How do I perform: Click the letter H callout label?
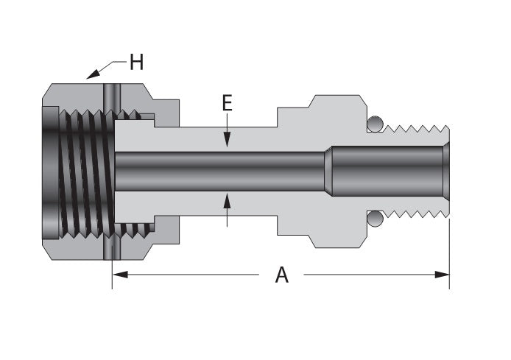135,63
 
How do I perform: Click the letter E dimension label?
228,103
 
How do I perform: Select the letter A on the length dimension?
281,275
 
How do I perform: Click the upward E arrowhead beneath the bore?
228,199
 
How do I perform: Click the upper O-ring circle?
375,124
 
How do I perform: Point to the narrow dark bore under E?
221,171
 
